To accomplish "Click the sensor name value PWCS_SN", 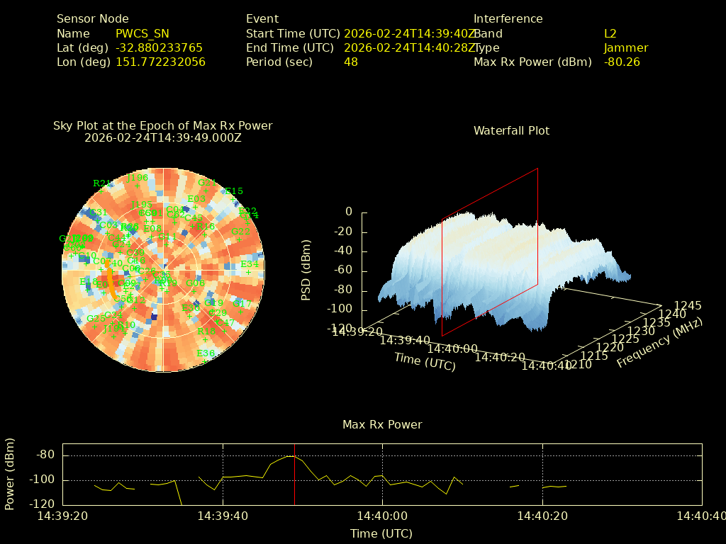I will click(143, 33).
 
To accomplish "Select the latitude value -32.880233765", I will click(159, 47).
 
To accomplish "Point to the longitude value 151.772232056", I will click(160, 62).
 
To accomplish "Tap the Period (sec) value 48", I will click(351, 62).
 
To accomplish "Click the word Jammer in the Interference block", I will click(626, 47).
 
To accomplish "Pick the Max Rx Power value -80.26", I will click(622, 62).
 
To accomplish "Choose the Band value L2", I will click(610, 33).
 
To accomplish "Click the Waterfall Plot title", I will click(511, 130).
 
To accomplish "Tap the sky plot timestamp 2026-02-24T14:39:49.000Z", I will click(163, 137).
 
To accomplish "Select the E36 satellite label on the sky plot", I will click(206, 353).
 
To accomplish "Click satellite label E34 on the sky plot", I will click(250, 264).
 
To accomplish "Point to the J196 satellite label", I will click(137, 178).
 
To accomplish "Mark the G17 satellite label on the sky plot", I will click(242, 303).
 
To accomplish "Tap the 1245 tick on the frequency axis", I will click(688, 306).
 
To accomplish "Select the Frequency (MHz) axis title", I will click(659, 343).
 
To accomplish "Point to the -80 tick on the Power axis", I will click(45, 455).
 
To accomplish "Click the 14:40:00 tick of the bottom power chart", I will click(383, 516).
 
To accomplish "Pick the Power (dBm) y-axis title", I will click(10, 473).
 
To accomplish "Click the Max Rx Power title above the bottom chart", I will click(382, 424).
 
